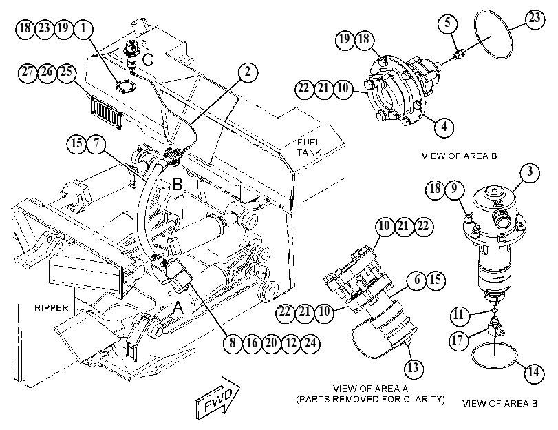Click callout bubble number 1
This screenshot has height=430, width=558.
[83, 28]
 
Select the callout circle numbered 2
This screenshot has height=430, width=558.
[247, 72]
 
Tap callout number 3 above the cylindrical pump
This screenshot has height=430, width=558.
[530, 172]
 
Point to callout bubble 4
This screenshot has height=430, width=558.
[444, 127]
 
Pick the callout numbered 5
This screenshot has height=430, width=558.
[447, 23]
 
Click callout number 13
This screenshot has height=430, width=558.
[413, 367]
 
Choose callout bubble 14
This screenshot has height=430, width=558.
[534, 373]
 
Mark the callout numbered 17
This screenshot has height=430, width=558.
[458, 340]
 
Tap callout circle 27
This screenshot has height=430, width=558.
[28, 72]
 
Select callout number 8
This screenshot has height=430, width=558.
[233, 343]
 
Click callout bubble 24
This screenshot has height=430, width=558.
[310, 343]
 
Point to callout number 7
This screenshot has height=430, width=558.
[96, 144]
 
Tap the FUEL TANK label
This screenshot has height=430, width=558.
[309, 147]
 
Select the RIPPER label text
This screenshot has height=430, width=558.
[51, 308]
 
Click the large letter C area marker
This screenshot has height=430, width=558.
[148, 59]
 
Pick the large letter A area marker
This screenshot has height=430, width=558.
[178, 308]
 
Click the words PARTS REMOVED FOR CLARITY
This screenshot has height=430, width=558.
[370, 399]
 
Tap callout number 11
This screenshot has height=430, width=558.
[459, 315]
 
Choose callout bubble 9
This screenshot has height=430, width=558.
[454, 189]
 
